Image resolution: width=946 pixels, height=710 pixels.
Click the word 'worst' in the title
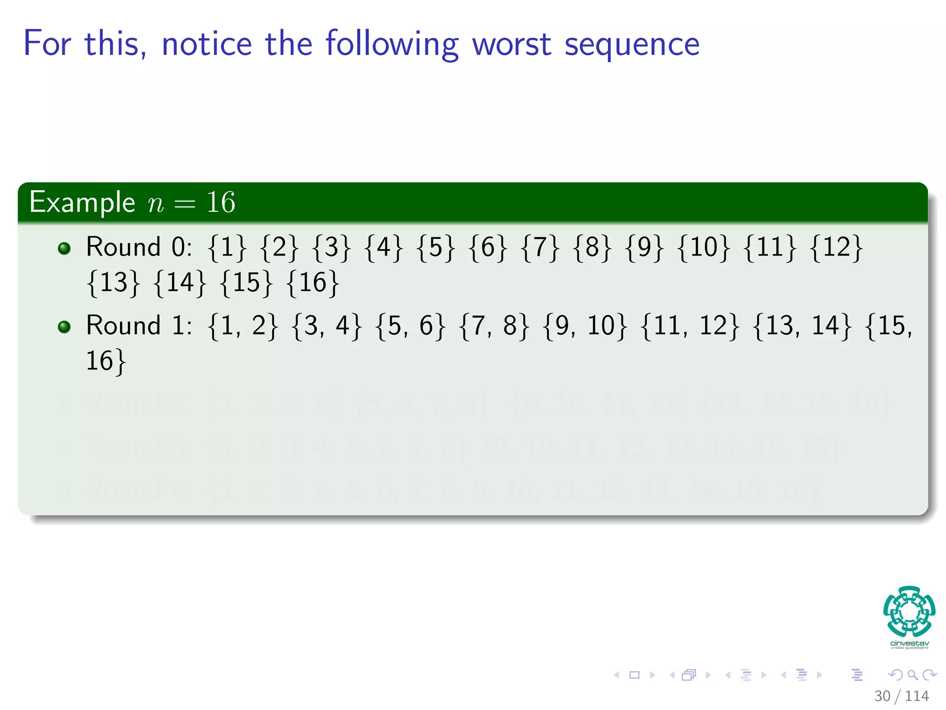pyautogui.click(x=511, y=44)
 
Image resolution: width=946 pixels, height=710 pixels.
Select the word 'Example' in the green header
pyautogui.click(x=82, y=202)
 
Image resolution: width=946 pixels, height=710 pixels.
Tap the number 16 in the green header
pyautogui.click(x=221, y=202)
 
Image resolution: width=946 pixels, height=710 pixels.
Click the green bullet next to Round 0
pyautogui.click(x=64, y=248)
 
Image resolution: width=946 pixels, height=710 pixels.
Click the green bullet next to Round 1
pyautogui.click(x=64, y=327)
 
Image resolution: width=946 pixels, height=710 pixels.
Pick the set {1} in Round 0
pyautogui.click(x=227, y=247)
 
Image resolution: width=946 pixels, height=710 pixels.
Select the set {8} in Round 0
pyautogui.click(x=592, y=247)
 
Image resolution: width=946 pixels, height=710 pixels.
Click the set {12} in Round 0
pyautogui.click(x=836, y=247)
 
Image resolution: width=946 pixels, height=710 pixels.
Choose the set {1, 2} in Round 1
pyautogui.click(x=243, y=326)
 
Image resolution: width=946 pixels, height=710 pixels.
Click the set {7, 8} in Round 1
pyautogui.click(x=494, y=326)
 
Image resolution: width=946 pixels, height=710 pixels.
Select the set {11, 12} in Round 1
pyautogui.click(x=690, y=326)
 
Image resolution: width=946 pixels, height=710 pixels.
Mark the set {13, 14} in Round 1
pyautogui.click(x=802, y=326)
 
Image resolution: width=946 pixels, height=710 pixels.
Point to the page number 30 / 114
pyautogui.click(x=901, y=696)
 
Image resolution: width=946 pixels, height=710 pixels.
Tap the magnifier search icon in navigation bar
pyautogui.click(x=912, y=675)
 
